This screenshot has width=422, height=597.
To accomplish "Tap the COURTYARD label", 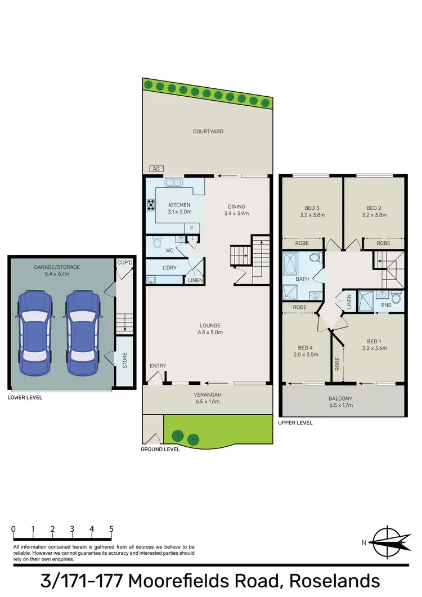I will [208, 132].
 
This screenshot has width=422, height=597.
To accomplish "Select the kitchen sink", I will [173, 182].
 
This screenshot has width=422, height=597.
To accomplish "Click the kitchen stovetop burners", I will [151, 205].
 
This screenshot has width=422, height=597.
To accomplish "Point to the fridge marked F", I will [191, 228].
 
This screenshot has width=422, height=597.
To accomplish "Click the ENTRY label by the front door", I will [158, 366].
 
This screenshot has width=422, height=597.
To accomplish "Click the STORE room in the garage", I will [124, 360].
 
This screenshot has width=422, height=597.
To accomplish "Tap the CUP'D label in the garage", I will [124, 262].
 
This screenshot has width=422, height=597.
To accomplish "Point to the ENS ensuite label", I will [386, 306].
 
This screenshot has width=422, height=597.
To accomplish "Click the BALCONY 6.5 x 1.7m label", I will [342, 401].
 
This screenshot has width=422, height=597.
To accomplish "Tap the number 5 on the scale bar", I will [111, 529].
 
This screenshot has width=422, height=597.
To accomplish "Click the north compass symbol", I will [387, 542].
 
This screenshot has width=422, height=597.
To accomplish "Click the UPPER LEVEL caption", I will [295, 423].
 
